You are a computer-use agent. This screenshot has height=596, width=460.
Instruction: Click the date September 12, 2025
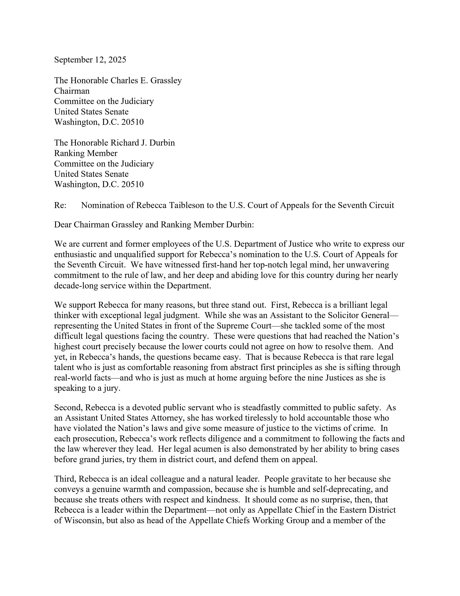(x=90, y=60)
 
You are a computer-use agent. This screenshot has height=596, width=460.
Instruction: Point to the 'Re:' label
(x=60, y=205)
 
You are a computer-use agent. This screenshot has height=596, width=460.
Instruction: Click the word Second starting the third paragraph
(x=68, y=407)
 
